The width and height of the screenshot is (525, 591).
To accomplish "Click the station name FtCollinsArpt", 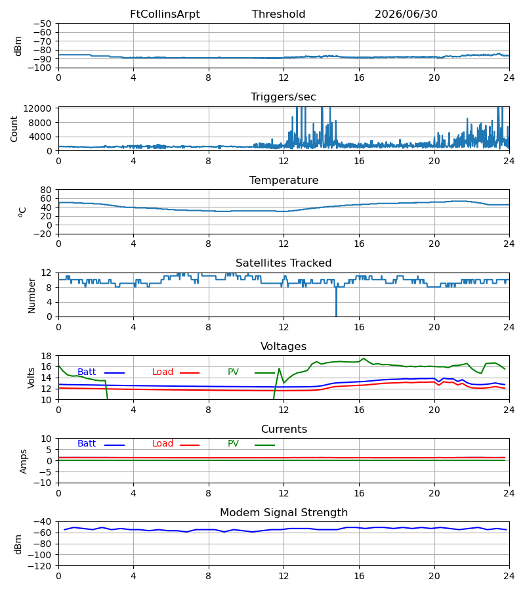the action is (x=165, y=14).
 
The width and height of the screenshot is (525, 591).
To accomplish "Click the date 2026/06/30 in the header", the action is (x=406, y=14).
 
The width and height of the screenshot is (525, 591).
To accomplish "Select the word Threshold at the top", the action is (x=278, y=14).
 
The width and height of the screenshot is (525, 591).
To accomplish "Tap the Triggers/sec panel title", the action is (x=283, y=97).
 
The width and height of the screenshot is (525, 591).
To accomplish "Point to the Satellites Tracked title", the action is (x=283, y=263).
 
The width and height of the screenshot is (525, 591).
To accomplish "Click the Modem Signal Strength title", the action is (x=283, y=513).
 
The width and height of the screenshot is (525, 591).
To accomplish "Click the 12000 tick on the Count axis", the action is (x=37, y=108).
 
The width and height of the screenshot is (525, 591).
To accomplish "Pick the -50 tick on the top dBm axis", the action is (x=42, y=24).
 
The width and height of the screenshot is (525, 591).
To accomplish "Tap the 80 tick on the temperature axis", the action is (x=46, y=190).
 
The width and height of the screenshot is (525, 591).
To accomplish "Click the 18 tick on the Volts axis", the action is (x=46, y=356).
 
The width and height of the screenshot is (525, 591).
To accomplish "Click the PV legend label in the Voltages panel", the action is (x=233, y=372).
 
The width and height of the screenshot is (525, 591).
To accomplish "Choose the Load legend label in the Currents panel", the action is (x=163, y=444).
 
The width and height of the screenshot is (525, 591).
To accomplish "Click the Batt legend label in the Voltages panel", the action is (x=87, y=372).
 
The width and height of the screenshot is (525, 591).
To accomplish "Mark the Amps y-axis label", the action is (x=24, y=462).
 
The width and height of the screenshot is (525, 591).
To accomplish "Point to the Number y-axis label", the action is (x=31, y=295).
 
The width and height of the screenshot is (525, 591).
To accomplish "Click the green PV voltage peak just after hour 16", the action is (x=364, y=359).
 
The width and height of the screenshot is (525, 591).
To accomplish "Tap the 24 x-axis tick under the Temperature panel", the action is (x=509, y=244).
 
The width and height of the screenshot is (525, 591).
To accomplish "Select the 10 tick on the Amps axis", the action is (x=46, y=439).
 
